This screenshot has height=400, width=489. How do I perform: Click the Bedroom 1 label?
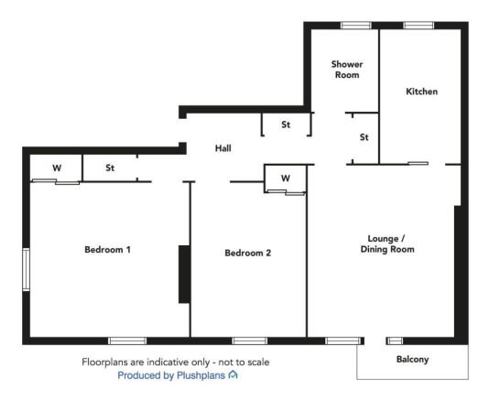pyautogui.click(x=107, y=249)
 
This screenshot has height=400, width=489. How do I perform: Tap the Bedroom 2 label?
pyautogui.click(x=247, y=253)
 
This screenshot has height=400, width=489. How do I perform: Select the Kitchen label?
pyautogui.click(x=421, y=92)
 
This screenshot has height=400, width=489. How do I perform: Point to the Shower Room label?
pyautogui.click(x=347, y=70)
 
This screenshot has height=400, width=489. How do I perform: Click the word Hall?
pyautogui.click(x=223, y=147)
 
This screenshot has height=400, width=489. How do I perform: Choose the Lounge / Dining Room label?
pyautogui.click(x=387, y=243)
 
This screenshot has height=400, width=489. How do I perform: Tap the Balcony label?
pyautogui.click(x=412, y=359)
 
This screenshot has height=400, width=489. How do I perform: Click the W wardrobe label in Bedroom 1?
pyautogui.click(x=56, y=168)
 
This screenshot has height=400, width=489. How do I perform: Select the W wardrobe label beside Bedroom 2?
pyautogui.click(x=285, y=177)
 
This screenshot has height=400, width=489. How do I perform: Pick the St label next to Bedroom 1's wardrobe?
pyautogui.click(x=110, y=168)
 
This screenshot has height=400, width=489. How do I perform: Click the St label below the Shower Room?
pyautogui.click(x=364, y=137)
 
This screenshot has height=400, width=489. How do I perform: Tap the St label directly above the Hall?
pyautogui.click(x=286, y=124)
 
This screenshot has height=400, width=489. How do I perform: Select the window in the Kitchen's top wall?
pyautogui.click(x=418, y=25)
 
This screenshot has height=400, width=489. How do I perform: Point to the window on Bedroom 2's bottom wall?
pyautogui.click(x=249, y=341)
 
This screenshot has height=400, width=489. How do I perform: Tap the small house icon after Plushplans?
pyautogui.click(x=234, y=375)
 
